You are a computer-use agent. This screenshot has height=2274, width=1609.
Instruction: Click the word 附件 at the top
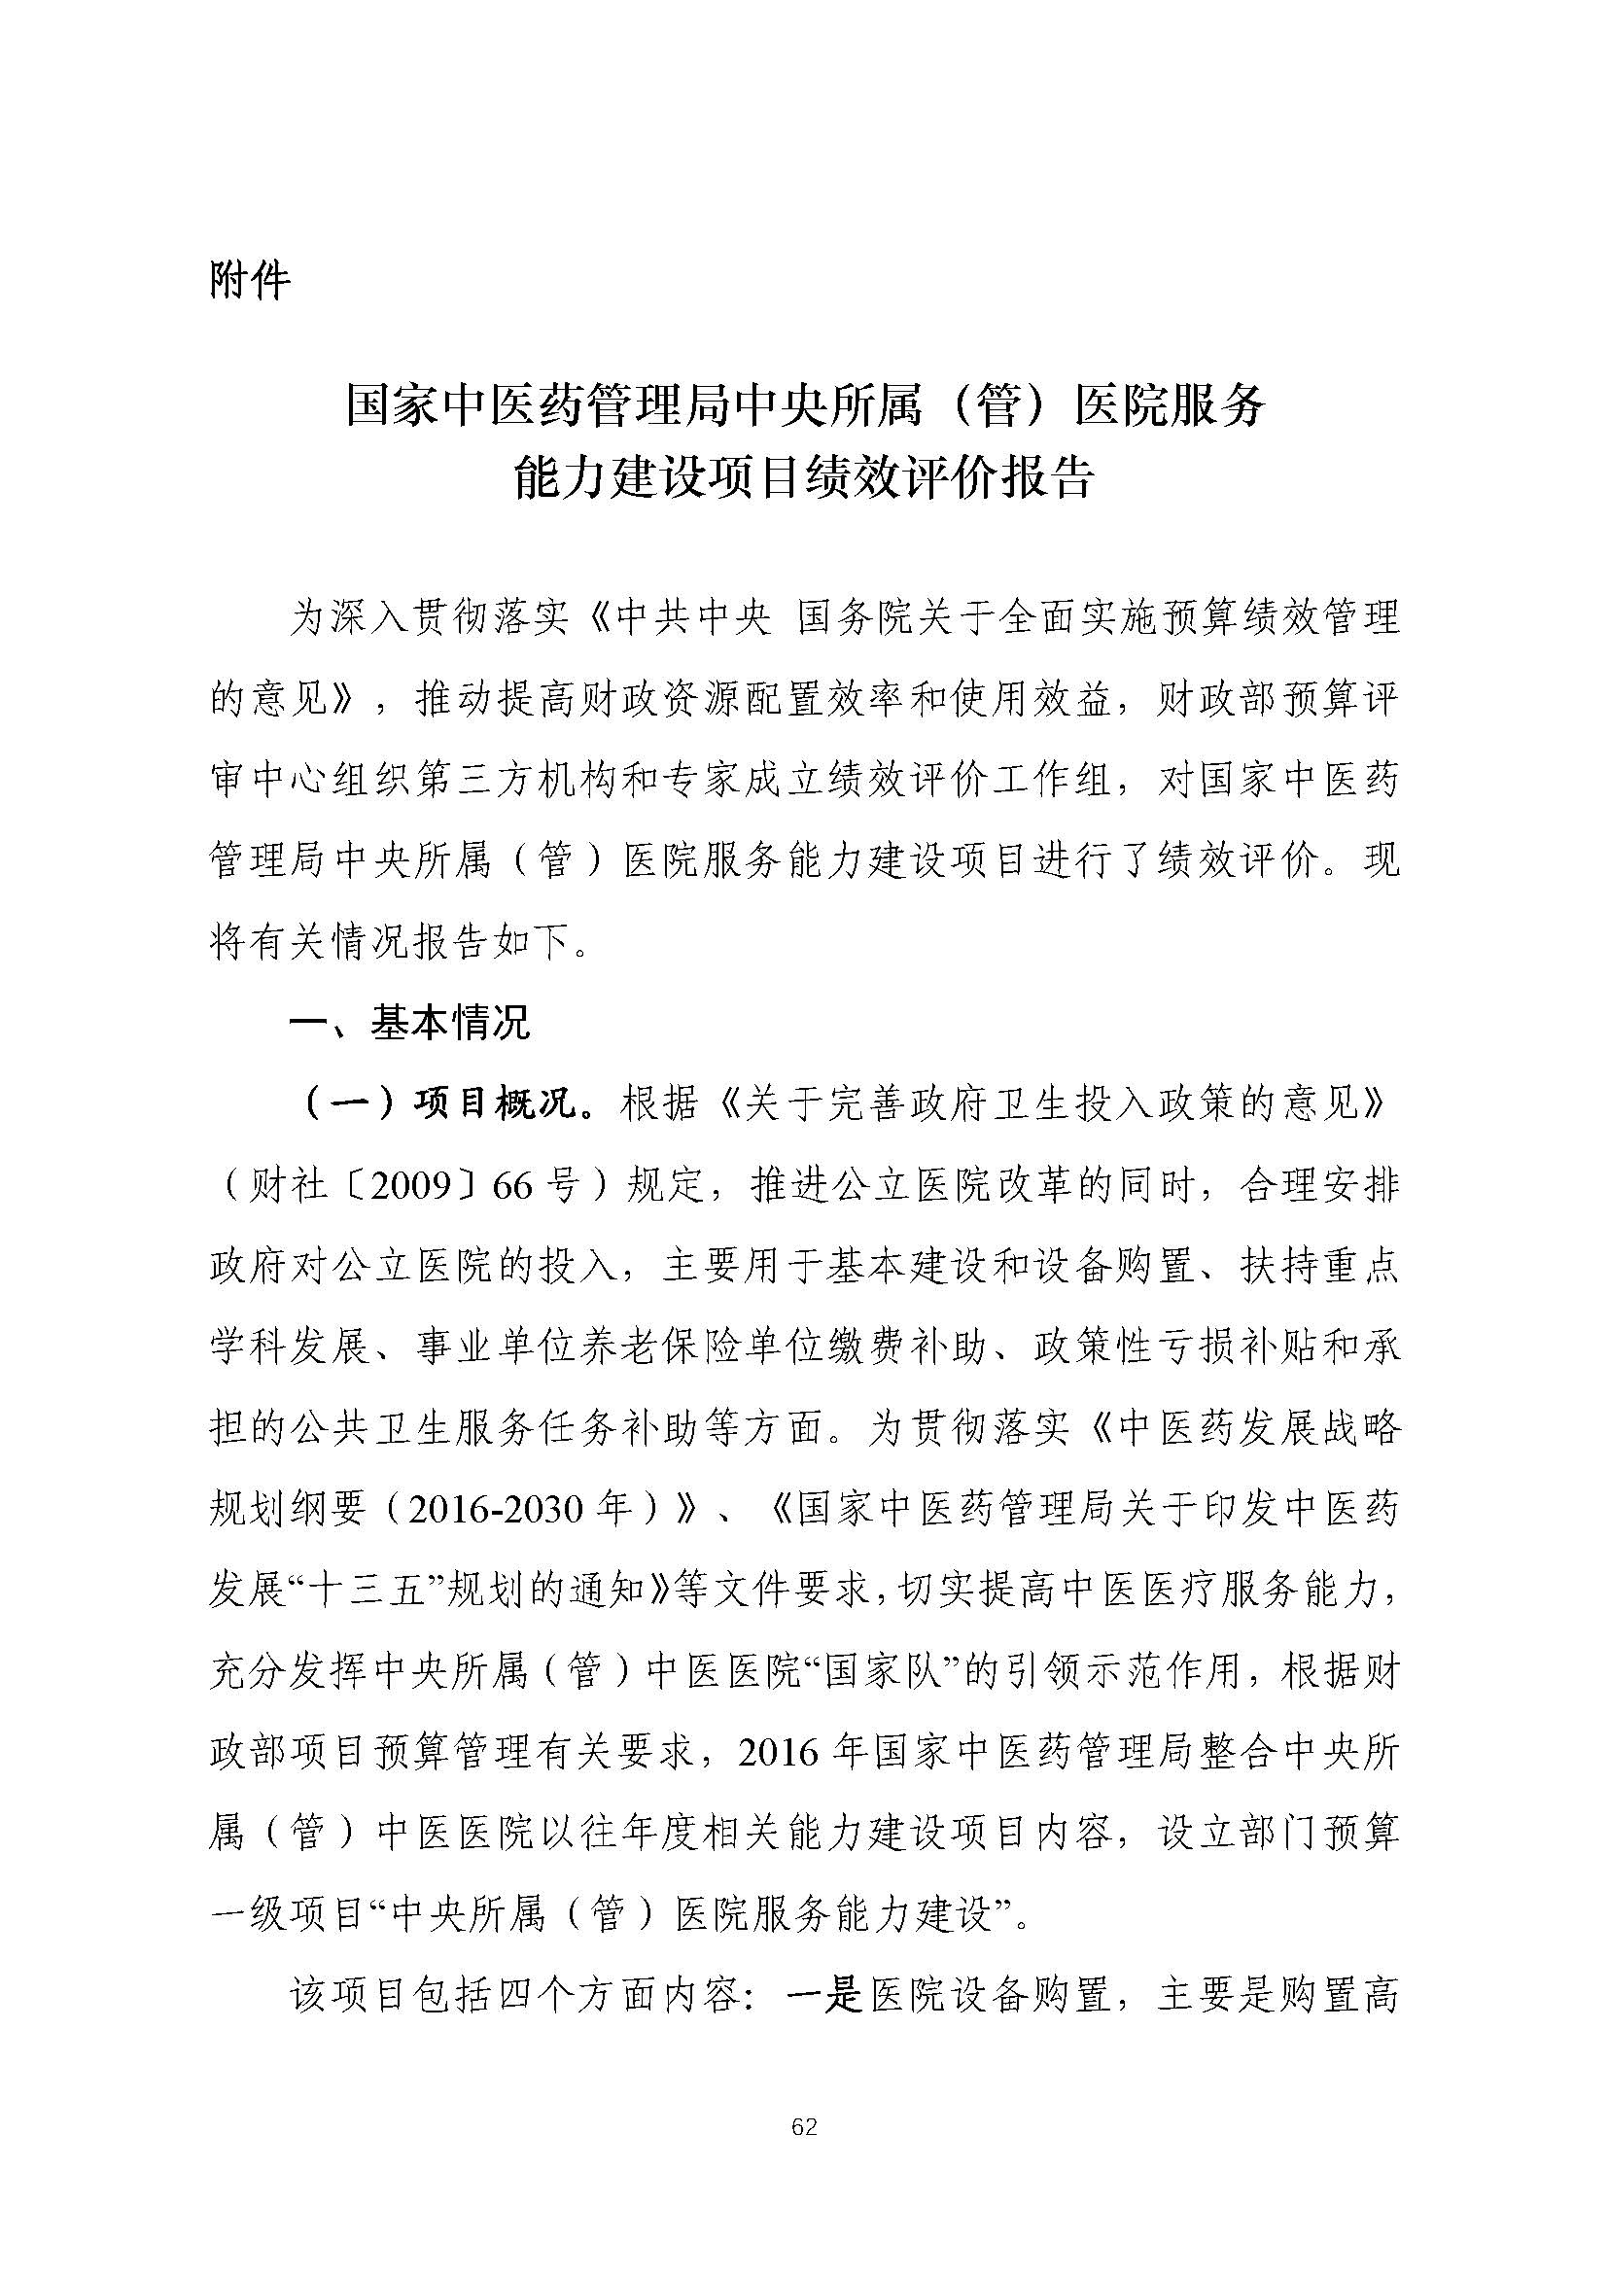coord(250,282)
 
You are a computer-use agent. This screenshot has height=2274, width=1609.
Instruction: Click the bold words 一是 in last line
coord(825,1996)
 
